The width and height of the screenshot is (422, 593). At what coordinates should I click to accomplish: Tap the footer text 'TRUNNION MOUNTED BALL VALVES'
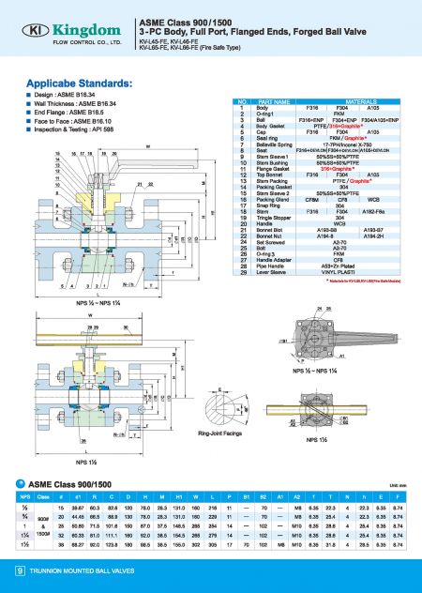[74, 570]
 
